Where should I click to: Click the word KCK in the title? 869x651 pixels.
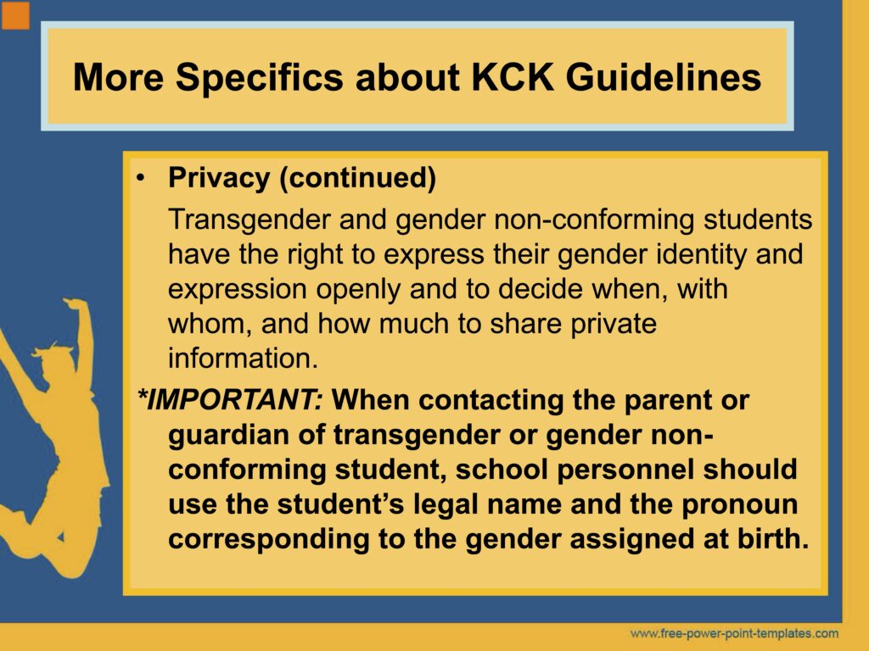pos(512,76)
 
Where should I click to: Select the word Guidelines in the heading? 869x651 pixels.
pos(663,76)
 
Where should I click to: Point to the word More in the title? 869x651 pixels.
pos(119,76)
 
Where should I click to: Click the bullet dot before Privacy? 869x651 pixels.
pos(142,178)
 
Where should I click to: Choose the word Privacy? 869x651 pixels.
pos(219,178)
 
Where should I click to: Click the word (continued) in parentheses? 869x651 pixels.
pos(358,178)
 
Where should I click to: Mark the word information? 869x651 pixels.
pos(243,358)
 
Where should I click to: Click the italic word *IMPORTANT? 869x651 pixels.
pos(230,400)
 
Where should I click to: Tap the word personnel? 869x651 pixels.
pos(625,470)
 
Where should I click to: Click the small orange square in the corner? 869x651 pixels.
pos(15,15)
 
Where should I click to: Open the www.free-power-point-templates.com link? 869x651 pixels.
pos(734,633)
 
